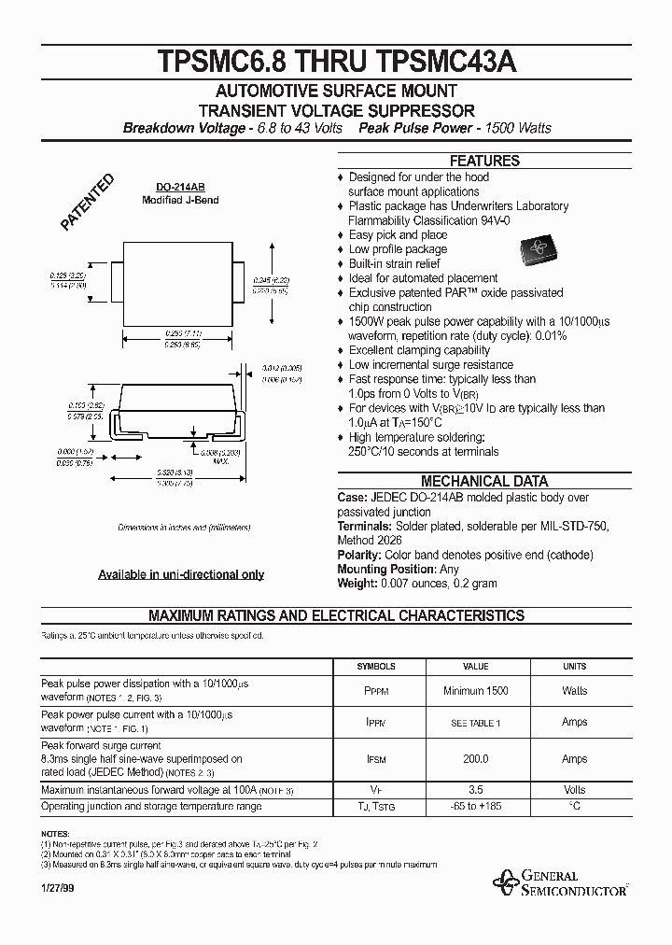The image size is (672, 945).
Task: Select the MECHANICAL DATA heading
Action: (x=483, y=482)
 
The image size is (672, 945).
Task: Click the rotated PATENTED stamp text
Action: (x=87, y=202)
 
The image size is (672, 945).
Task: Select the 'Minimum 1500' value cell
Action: (x=476, y=691)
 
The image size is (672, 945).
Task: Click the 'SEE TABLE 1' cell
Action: (x=476, y=723)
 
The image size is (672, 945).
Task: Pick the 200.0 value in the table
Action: (x=476, y=760)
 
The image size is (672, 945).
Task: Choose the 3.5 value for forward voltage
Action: (x=476, y=790)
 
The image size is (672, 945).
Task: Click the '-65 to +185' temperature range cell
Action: (x=476, y=805)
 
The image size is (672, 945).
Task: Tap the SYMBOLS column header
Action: (x=377, y=667)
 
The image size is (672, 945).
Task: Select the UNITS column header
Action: (x=574, y=667)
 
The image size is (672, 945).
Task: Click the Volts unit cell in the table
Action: (x=574, y=790)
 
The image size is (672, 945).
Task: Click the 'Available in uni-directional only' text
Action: (x=181, y=575)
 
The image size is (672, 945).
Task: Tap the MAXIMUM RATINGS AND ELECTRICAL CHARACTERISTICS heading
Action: (x=337, y=616)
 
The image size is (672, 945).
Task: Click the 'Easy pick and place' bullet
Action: (x=398, y=235)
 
